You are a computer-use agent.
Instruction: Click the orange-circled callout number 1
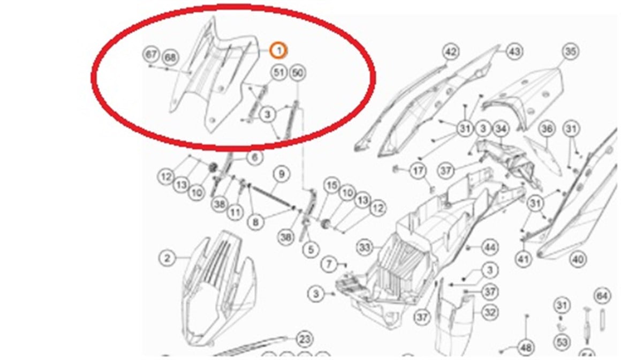click(278, 50)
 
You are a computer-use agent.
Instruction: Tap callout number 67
click(152, 55)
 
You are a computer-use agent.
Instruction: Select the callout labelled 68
click(170, 57)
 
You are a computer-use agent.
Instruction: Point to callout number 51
click(278, 73)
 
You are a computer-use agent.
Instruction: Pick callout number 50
click(297, 73)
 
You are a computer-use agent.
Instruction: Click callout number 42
click(451, 52)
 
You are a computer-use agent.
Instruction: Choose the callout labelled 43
click(514, 51)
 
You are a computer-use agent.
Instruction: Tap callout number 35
click(571, 51)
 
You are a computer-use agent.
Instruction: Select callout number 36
click(546, 129)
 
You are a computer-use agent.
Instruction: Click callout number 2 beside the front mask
click(168, 258)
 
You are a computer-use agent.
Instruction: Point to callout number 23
click(304, 339)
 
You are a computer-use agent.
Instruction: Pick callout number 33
click(365, 247)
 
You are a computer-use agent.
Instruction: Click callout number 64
click(602, 296)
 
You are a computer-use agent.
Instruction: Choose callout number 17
click(418, 171)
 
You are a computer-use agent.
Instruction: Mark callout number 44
click(489, 247)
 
